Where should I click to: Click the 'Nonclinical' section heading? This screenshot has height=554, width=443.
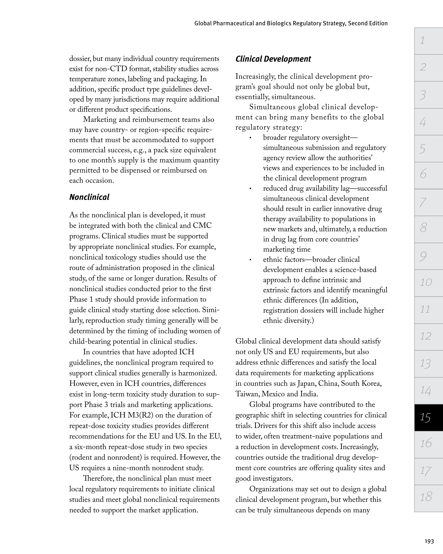pos(89,197)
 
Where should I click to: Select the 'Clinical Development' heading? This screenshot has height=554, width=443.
pos(273,59)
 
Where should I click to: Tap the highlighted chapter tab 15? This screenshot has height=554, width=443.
pos(428,417)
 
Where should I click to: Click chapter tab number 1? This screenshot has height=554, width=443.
pos(428,41)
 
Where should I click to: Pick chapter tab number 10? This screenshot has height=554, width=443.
pos(428,282)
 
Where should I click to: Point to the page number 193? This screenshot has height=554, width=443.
pos(429,541)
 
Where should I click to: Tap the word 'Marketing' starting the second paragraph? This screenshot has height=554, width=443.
pos(101,120)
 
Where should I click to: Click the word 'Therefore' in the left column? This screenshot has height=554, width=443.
pos(98,479)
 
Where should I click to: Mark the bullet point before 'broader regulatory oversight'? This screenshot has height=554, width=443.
pos(250,138)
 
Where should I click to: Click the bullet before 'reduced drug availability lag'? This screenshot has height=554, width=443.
pos(250,189)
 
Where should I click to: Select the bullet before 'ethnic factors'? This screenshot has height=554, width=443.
pos(250,260)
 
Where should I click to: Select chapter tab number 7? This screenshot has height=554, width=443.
pos(428,202)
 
